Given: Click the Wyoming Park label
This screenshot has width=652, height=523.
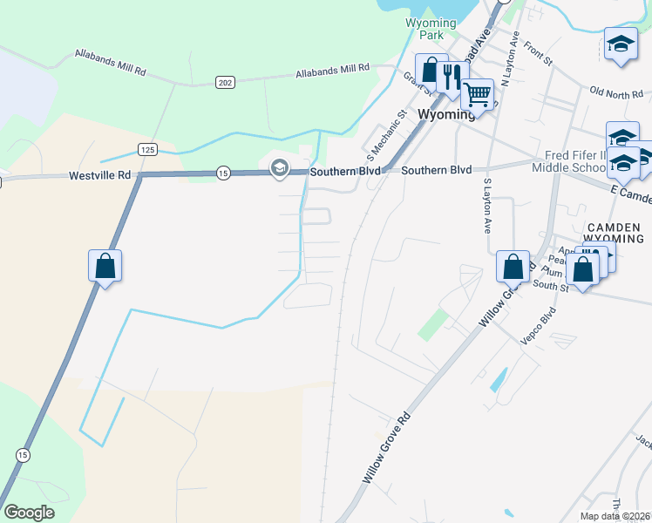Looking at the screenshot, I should [x=431, y=29].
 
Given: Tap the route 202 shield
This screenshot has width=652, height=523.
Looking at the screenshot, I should [x=226, y=82].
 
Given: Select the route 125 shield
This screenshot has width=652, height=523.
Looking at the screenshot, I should [x=147, y=151].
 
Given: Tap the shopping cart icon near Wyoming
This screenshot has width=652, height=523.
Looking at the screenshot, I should [x=478, y=93].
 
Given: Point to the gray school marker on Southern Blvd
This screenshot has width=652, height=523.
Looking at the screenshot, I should [x=279, y=168].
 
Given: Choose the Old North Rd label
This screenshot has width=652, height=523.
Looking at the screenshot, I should [x=615, y=92].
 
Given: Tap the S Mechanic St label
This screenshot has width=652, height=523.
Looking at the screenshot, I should [x=387, y=136].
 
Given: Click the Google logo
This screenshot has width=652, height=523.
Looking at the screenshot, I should [x=29, y=513].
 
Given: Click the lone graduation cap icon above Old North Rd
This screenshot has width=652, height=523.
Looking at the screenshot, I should [x=620, y=44].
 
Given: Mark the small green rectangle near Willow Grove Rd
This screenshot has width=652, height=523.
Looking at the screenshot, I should [x=431, y=324].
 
